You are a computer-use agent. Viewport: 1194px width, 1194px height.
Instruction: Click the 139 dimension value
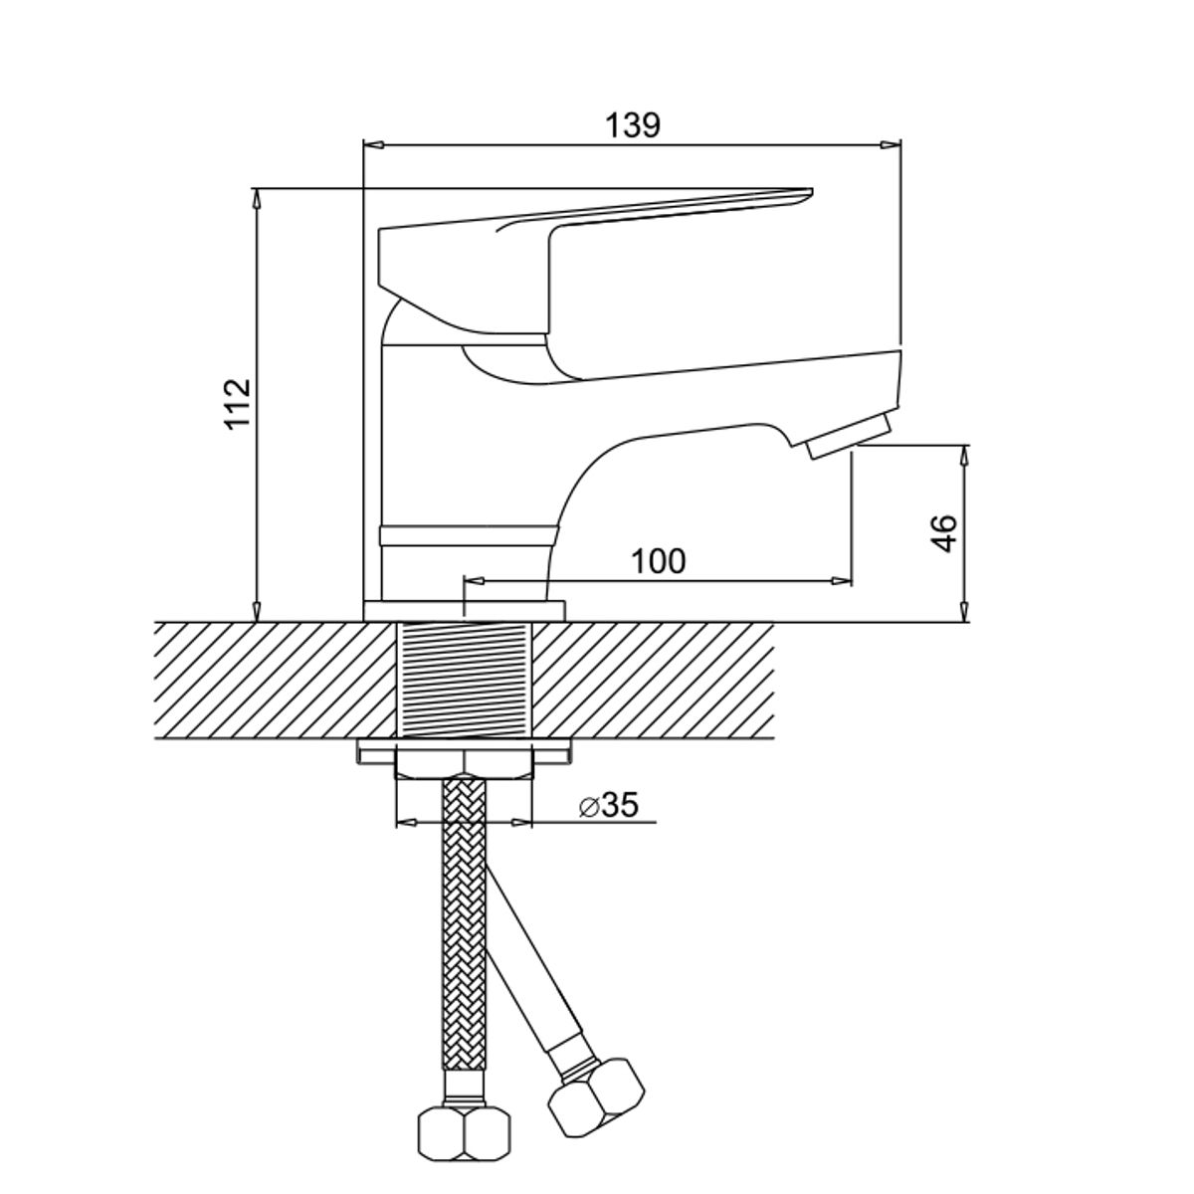633,126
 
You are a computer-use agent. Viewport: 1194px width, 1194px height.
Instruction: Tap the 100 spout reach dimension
659,561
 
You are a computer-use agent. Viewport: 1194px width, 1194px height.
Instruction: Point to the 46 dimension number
944,533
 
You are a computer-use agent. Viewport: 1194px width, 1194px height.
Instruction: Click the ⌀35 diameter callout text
608,805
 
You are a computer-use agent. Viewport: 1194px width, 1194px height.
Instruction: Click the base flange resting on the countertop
465,610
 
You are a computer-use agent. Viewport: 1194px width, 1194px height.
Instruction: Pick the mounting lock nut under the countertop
464,762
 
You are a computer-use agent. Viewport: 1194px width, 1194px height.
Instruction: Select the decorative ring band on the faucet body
466,535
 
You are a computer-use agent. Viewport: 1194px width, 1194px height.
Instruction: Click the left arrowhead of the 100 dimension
476,580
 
